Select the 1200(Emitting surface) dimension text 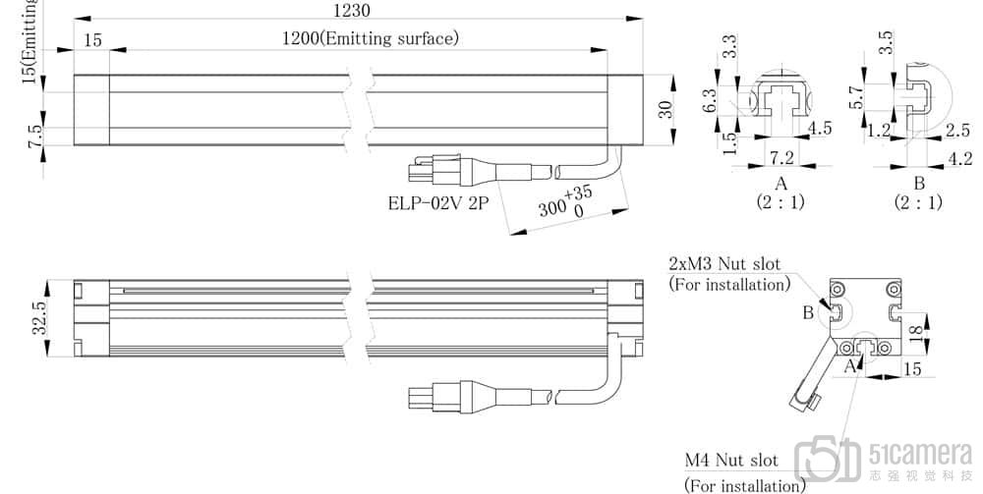(x=371, y=39)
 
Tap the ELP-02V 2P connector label (x=437, y=205)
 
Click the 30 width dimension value (x=665, y=108)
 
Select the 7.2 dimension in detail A (x=782, y=158)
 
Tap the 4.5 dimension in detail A (x=819, y=129)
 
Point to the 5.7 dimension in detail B (x=857, y=95)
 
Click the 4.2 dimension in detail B (x=960, y=157)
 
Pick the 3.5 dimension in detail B (x=885, y=43)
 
